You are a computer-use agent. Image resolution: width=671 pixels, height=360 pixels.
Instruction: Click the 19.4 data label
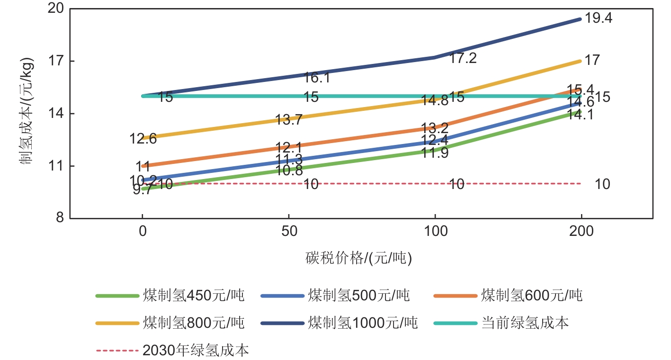pyautogui.click(x=599, y=18)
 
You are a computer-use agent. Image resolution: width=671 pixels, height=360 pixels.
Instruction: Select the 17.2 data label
pyautogui.click(x=463, y=58)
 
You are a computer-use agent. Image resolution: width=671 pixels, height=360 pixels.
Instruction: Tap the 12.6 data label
pyautogui.click(x=143, y=139)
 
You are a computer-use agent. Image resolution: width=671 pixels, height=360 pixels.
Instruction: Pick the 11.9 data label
pyautogui.click(x=435, y=153)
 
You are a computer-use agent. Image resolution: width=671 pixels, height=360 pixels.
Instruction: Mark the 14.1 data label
pyautogui.click(x=581, y=115)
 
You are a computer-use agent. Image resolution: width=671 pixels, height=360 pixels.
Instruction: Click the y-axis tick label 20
pyautogui.click(x=56, y=9)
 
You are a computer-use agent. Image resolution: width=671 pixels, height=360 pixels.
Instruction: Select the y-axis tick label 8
pyautogui.click(x=60, y=218)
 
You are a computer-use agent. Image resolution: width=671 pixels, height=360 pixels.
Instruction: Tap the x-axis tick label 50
pyautogui.click(x=289, y=232)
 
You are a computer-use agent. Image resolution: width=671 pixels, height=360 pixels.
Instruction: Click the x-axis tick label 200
pyautogui.click(x=581, y=232)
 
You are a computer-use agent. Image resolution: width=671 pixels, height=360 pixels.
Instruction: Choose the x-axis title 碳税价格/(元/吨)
pyautogui.click(x=358, y=259)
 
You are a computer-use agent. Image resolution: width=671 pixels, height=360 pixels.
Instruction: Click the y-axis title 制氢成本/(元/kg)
pyautogui.click(x=26, y=114)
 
